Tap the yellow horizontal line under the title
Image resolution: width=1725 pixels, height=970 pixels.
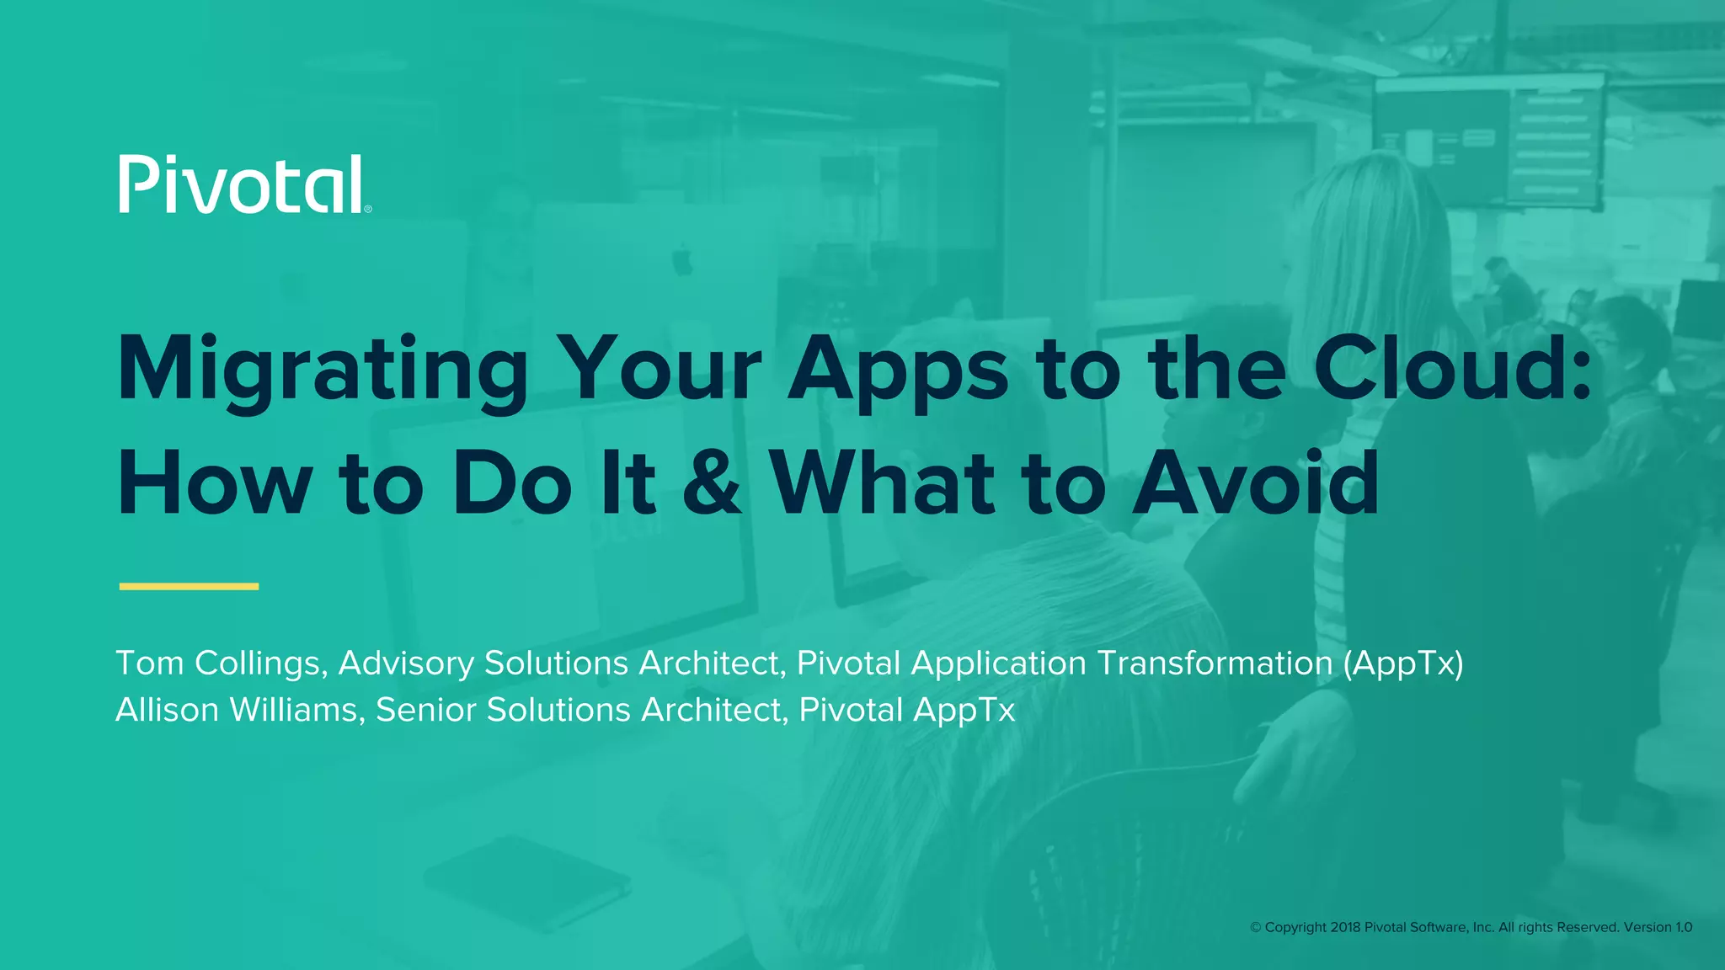tap(189, 586)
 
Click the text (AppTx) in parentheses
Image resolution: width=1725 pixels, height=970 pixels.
tap(1402, 664)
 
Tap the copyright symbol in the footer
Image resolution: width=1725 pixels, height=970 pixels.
tap(1255, 927)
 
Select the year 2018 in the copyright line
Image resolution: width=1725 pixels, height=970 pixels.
tap(1345, 927)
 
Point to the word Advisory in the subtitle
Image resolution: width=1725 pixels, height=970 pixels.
tap(406, 664)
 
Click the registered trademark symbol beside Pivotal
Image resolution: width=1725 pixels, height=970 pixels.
tap(368, 209)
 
